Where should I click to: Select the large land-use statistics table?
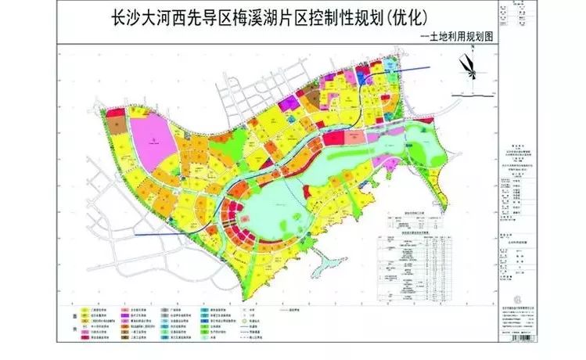pyautogui.click(x=407, y=266)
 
